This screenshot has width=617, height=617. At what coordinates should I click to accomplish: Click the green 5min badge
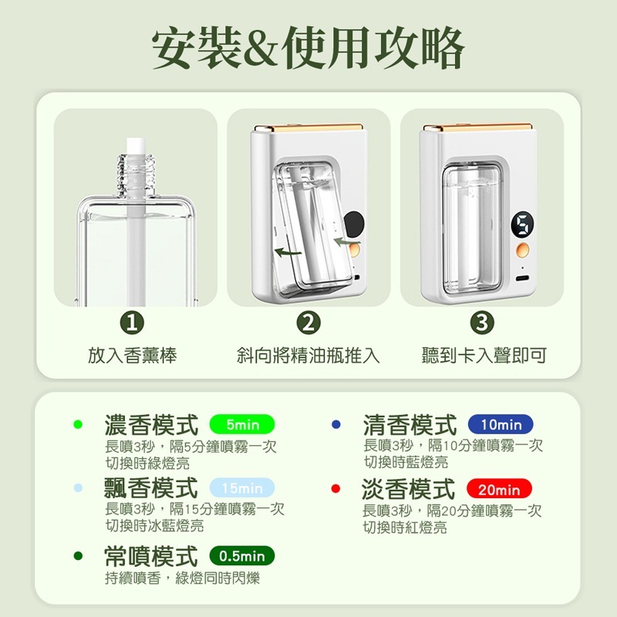tap(242, 425)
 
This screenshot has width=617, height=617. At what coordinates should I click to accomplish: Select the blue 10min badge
tap(501, 425)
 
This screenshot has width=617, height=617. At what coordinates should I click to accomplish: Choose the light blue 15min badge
tap(242, 489)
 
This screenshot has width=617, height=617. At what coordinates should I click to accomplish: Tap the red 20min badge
tap(499, 490)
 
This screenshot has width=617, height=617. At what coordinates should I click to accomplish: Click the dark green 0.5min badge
tap(242, 556)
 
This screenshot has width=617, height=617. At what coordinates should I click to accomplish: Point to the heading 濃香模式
tap(151, 425)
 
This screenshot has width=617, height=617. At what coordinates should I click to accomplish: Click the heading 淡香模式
tap(410, 490)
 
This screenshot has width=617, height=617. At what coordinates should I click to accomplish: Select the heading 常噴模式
tap(151, 556)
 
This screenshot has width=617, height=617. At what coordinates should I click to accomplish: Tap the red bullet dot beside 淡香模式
tap(335, 490)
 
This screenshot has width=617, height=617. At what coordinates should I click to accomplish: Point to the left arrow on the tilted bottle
tap(289, 252)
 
